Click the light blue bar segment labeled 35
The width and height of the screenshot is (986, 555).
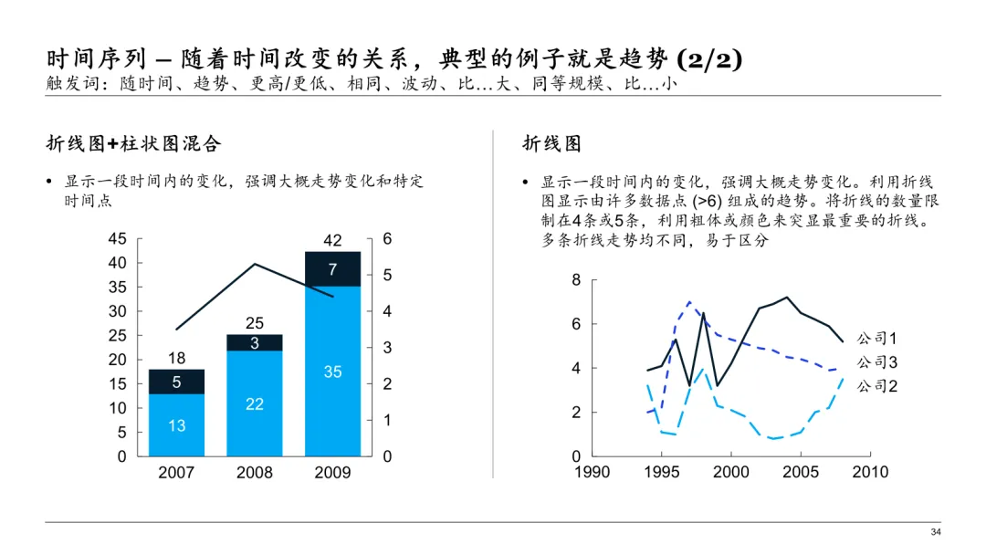(x=332, y=372)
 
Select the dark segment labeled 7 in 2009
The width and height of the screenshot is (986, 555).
(x=332, y=269)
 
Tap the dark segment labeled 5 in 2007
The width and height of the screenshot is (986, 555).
(x=176, y=382)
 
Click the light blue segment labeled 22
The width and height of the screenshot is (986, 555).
(x=255, y=403)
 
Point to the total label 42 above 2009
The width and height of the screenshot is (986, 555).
(x=332, y=241)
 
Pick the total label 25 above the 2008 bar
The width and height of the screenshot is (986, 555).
(x=255, y=323)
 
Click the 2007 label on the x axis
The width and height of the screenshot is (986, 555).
(x=176, y=473)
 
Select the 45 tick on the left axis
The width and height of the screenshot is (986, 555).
(x=118, y=239)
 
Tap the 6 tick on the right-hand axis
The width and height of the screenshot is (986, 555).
(x=387, y=239)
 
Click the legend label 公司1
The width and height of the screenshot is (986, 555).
(x=877, y=340)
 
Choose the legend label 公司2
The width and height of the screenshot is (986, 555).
(x=877, y=386)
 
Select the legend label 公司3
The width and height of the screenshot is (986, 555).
(x=877, y=362)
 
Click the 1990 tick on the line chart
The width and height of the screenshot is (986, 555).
(x=592, y=472)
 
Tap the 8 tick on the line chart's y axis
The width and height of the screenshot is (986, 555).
(x=576, y=280)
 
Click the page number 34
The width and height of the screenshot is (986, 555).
(x=935, y=533)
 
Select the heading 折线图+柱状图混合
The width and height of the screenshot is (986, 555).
(x=134, y=143)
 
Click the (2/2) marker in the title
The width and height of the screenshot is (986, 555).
(x=708, y=60)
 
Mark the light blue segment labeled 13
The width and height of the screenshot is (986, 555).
(x=176, y=425)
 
